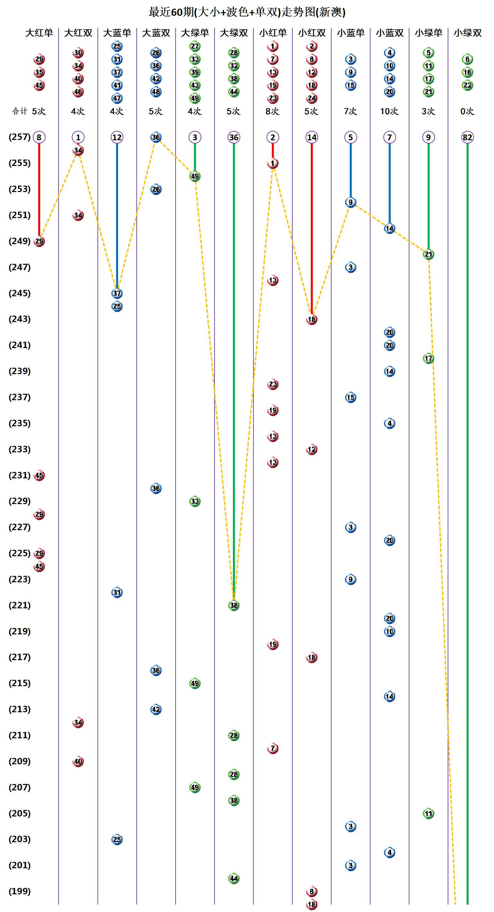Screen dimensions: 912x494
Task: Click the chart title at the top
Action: click(x=247, y=12)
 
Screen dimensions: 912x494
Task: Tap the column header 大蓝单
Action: click(x=117, y=33)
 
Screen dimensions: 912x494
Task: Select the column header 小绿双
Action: click(x=467, y=33)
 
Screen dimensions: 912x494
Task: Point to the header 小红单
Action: click(x=272, y=33)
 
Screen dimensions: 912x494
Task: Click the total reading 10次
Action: click(x=389, y=112)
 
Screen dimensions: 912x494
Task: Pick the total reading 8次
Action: click(x=272, y=112)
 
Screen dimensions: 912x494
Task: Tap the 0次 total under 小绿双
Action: click(x=467, y=112)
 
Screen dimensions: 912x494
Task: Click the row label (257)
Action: click(x=20, y=137)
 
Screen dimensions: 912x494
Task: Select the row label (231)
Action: click(x=20, y=475)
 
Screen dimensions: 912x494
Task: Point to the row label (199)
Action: click(x=20, y=891)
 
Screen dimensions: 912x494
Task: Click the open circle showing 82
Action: click(x=467, y=137)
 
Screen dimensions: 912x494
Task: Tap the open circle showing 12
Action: click(x=117, y=137)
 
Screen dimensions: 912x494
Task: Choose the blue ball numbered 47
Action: click(x=117, y=98)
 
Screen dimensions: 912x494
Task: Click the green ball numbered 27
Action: click(x=195, y=46)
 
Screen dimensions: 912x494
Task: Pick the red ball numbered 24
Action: click(x=312, y=98)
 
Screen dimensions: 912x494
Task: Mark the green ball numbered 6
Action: click(x=467, y=59)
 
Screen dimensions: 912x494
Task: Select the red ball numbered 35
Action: click(x=39, y=72)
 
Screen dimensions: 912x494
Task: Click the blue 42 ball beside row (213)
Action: click(x=156, y=709)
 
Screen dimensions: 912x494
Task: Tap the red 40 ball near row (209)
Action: click(x=78, y=761)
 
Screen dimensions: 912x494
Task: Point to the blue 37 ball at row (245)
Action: click(x=117, y=293)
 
